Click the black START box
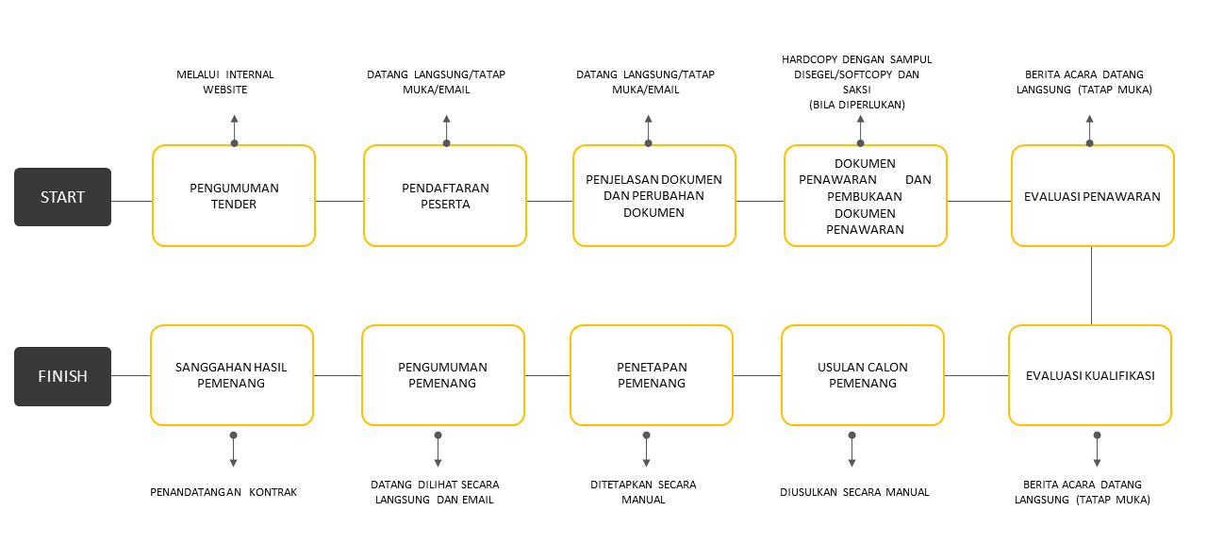(x=62, y=197)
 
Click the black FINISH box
(x=62, y=376)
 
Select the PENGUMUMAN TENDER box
(x=234, y=196)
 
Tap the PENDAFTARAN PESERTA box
(x=445, y=196)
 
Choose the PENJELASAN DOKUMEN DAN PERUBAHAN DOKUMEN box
(x=653, y=196)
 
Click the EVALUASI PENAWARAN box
(x=1092, y=196)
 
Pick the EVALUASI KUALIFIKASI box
(x=1090, y=375)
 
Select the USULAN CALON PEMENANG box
(x=863, y=375)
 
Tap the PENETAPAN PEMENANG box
(x=652, y=375)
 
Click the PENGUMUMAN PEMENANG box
(x=442, y=375)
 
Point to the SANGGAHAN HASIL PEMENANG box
(x=232, y=375)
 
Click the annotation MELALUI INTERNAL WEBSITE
(x=224, y=82)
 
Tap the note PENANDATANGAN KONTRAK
(x=223, y=492)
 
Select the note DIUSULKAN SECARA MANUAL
(x=854, y=492)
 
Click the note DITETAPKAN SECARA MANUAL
(x=643, y=492)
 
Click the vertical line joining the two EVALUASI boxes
(x=1092, y=286)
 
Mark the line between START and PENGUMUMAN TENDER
(x=131, y=201)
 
